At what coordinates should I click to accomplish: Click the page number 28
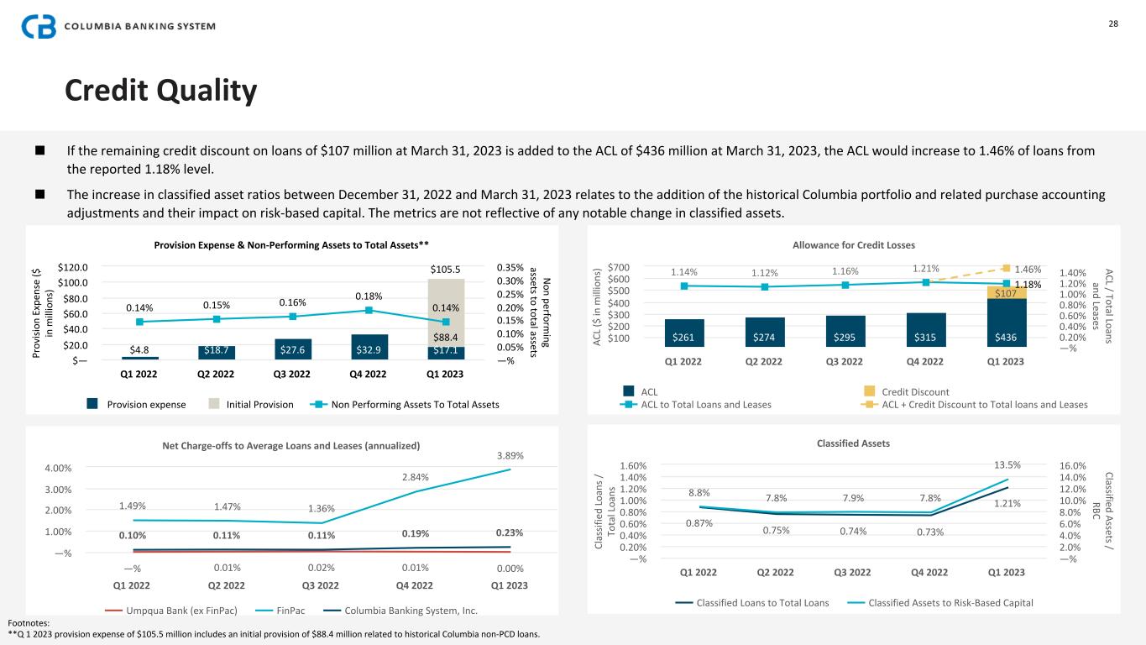pos(1113,24)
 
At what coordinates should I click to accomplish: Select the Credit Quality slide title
pos(161,91)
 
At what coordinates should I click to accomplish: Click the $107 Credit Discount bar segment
pos(1006,293)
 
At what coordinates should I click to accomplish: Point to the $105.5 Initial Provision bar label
pos(445,270)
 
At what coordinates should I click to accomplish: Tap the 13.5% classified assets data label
pos(1007,464)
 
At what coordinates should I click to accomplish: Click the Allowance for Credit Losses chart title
pos(854,245)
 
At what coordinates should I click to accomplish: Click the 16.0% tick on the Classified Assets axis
pos(1074,465)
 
